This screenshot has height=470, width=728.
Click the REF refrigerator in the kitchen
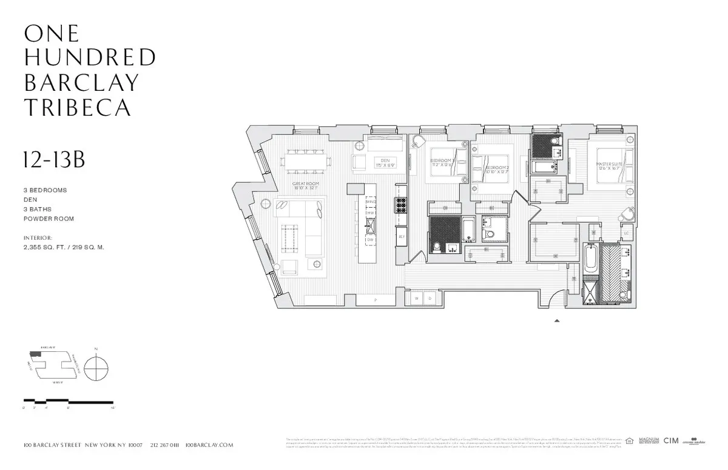401,237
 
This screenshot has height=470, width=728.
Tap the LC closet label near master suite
626,233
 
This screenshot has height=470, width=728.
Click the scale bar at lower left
68,402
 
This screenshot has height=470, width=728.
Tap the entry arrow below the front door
557,322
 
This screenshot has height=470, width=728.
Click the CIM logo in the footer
670,440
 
